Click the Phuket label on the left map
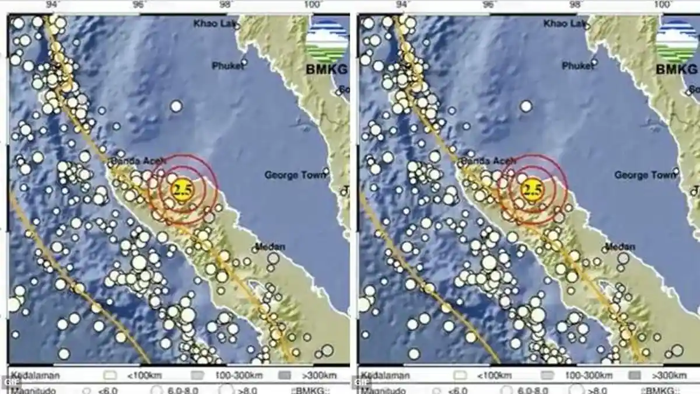[228, 66]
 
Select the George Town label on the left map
[296, 175]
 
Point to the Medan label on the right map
[620, 246]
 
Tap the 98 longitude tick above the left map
[226, 5]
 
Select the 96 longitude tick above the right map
[490, 5]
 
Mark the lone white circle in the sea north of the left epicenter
[176, 106]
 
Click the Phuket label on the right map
[577, 66]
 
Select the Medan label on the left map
[270, 246]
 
